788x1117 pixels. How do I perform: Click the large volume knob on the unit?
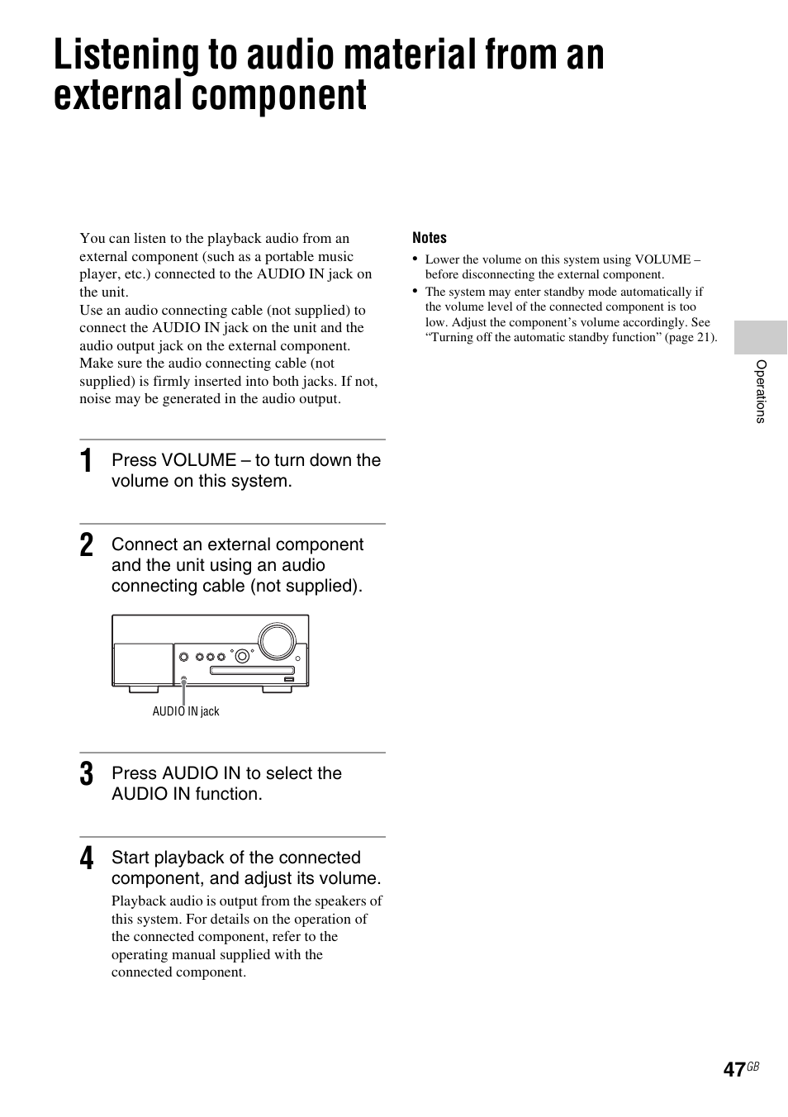click(x=276, y=640)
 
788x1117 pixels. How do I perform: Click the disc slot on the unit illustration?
click(x=252, y=670)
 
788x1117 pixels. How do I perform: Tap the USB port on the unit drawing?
click(x=287, y=680)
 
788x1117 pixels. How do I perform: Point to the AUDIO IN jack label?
click(x=186, y=711)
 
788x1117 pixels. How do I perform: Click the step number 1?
click(x=87, y=462)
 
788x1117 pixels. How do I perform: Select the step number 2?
click(x=87, y=546)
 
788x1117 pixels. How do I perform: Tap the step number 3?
click(x=87, y=775)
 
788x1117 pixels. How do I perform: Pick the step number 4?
click(x=87, y=859)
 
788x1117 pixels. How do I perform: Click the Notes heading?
click(x=430, y=238)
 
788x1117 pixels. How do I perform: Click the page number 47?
click(x=733, y=1069)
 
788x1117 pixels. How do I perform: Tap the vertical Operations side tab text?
click(x=761, y=392)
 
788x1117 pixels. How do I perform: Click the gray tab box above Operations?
click(x=760, y=338)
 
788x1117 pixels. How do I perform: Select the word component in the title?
click(x=279, y=96)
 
